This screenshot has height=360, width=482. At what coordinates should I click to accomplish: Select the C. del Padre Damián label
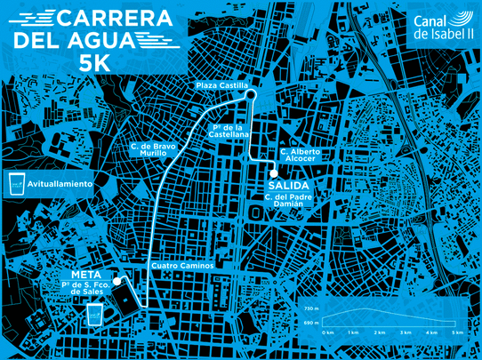tap(284, 200)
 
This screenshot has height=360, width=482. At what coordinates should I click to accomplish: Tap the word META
tap(85, 275)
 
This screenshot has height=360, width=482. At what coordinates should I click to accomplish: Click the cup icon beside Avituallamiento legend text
tap(15, 183)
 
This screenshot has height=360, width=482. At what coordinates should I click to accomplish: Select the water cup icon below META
tap(96, 315)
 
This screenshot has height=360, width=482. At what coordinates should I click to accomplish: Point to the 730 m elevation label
tap(310, 306)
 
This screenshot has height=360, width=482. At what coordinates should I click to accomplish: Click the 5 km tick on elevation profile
tap(458, 332)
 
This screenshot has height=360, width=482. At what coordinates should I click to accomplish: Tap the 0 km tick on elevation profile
tap(329, 332)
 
